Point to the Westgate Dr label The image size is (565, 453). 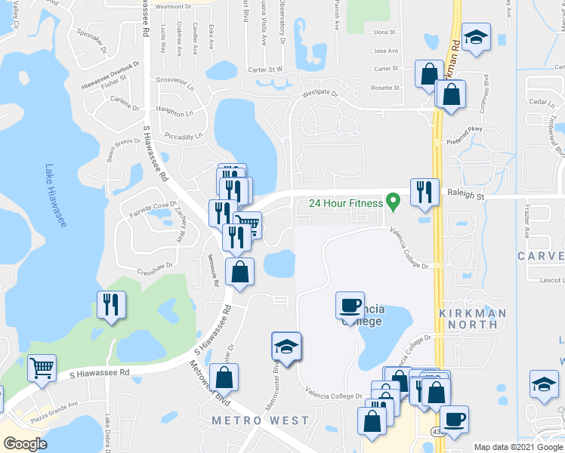(x=323, y=95)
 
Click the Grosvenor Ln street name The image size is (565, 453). (x=176, y=80)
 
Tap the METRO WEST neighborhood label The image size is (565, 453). (x=260, y=421)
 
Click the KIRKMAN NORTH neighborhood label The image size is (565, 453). (x=468, y=318)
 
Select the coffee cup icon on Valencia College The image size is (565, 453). (x=350, y=305)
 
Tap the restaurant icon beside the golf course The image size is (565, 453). (x=112, y=304)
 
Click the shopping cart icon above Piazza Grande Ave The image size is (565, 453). (x=42, y=368)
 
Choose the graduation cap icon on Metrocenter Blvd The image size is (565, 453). (x=286, y=346)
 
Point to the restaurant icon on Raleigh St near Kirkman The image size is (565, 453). (x=425, y=191)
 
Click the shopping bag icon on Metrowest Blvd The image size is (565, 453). (x=224, y=377)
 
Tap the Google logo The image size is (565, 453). (x=26, y=444)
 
